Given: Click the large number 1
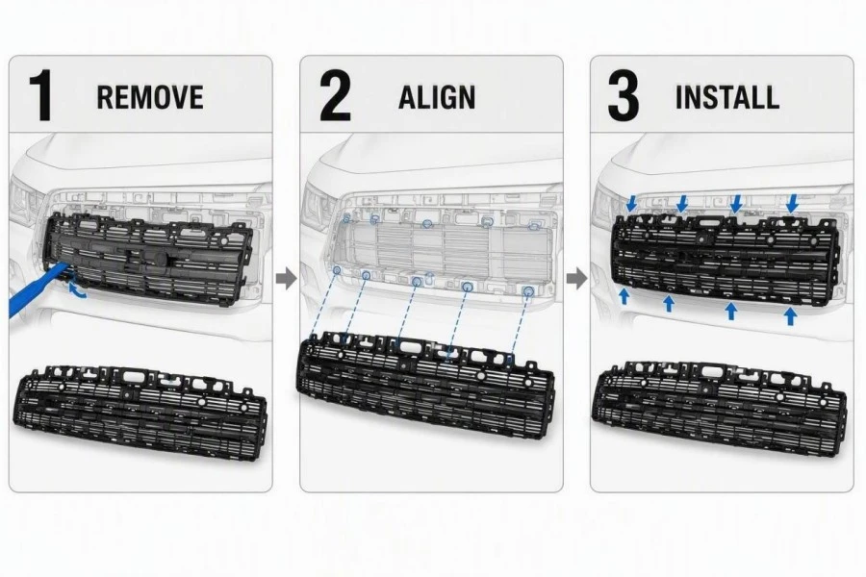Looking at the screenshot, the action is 41,95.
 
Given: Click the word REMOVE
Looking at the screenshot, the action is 150,96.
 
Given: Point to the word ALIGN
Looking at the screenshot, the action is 437,97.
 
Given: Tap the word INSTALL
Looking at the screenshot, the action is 727,97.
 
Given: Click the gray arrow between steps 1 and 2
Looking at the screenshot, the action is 286,278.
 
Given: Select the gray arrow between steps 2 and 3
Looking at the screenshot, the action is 577,278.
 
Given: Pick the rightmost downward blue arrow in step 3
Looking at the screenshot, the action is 793,203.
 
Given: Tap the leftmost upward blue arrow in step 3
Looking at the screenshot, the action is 624,296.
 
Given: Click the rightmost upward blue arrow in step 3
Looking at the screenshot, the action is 790,315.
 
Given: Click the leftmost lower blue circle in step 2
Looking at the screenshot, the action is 337,270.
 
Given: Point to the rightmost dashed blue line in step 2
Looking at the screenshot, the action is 520,324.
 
